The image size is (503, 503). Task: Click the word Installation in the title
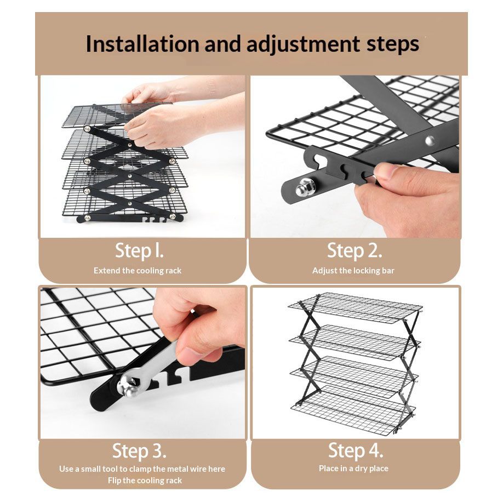142,44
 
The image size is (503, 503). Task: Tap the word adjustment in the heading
303,44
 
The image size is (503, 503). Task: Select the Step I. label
139,251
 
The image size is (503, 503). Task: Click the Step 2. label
355,250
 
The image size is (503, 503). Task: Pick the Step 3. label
139,451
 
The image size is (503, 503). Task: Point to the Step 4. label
356,450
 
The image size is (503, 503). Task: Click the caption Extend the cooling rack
138,271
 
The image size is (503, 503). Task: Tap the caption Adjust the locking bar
353,271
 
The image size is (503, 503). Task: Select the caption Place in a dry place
353,468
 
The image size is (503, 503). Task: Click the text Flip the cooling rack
145,480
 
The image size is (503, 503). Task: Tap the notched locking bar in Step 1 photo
130,218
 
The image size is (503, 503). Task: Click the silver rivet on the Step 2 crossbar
430,140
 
